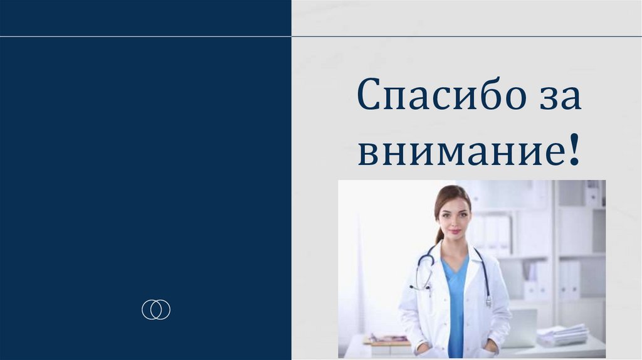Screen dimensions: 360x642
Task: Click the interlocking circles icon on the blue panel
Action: [x=156, y=309]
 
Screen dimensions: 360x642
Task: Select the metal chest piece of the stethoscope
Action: [x=488, y=302]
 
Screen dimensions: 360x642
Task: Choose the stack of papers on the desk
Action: [x=563, y=335]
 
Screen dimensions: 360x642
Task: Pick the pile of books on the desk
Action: [x=389, y=339]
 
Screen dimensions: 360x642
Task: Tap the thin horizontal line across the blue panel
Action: [x=145, y=36]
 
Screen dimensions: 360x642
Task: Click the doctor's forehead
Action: [x=454, y=203]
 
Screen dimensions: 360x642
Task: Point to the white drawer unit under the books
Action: [x=390, y=350]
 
